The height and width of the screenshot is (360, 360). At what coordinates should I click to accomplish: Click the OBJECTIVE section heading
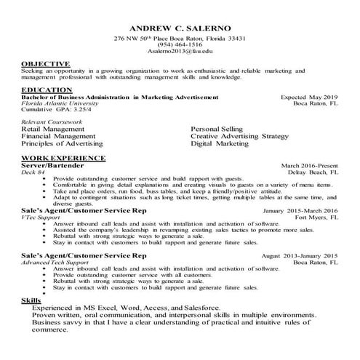(44, 65)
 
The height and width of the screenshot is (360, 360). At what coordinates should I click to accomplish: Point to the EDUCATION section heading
(46, 90)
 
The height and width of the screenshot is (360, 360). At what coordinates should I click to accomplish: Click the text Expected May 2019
(309, 97)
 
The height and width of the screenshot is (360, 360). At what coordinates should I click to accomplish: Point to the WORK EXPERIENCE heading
(63, 158)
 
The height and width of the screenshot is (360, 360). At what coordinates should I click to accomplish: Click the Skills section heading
(31, 300)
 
